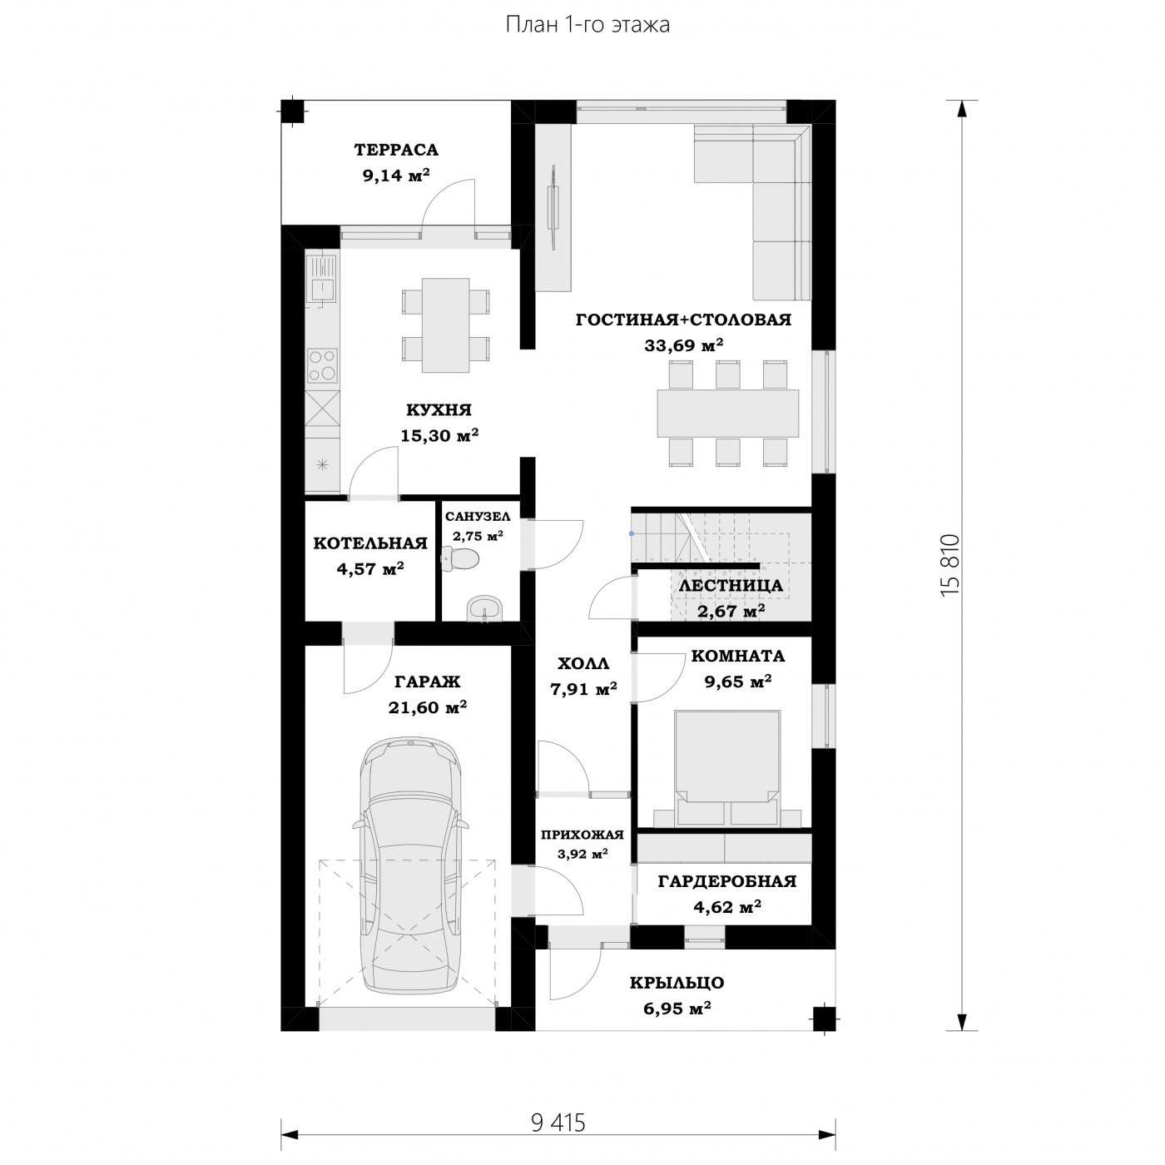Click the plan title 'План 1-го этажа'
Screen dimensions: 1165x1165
(x=587, y=25)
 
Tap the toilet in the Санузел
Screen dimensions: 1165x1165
(x=461, y=558)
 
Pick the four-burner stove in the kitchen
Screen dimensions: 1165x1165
(x=322, y=366)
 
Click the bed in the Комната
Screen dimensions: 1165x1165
(x=726, y=768)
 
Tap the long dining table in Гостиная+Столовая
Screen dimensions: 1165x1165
(x=727, y=413)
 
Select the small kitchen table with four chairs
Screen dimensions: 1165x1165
(x=445, y=325)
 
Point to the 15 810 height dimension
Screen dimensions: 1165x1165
(x=949, y=565)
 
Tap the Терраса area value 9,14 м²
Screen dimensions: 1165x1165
(x=396, y=176)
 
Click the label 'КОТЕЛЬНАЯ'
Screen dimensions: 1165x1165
(x=370, y=543)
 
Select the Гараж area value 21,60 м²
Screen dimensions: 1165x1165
(x=428, y=706)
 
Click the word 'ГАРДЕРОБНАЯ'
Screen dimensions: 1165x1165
(x=726, y=881)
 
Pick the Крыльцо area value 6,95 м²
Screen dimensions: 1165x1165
(x=677, y=1009)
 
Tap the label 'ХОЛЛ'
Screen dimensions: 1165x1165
(x=582, y=663)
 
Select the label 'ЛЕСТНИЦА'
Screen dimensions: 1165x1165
(x=731, y=585)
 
